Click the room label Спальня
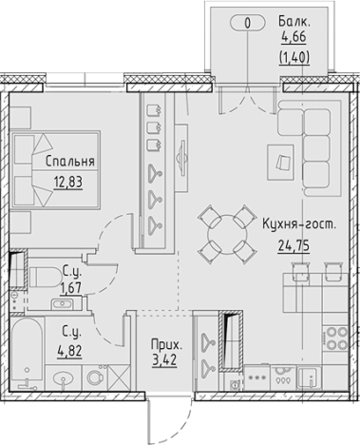(68, 161)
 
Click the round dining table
(227, 236)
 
